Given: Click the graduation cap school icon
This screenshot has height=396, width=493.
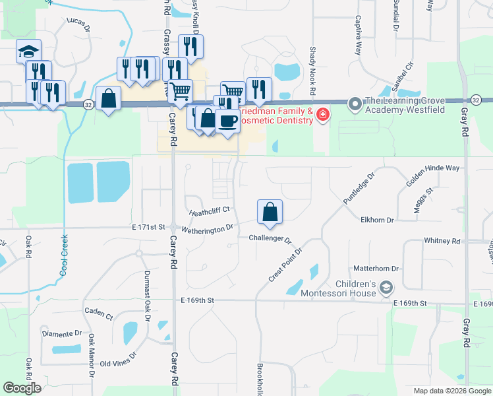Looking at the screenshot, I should (x=29, y=51).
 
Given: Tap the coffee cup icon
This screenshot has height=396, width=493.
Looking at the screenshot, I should (x=228, y=121).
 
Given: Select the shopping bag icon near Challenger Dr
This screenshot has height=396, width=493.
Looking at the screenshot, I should (x=270, y=212).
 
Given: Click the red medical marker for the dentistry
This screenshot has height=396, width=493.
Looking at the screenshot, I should (x=323, y=115).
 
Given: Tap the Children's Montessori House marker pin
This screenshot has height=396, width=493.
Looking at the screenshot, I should (x=386, y=287).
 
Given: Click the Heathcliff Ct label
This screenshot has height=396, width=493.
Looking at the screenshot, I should (x=208, y=211).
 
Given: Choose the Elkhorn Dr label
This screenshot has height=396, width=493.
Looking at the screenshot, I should (x=377, y=220).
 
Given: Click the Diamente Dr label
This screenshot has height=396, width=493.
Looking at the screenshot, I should (x=62, y=334).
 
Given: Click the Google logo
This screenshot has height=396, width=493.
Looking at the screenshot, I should (x=22, y=388).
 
